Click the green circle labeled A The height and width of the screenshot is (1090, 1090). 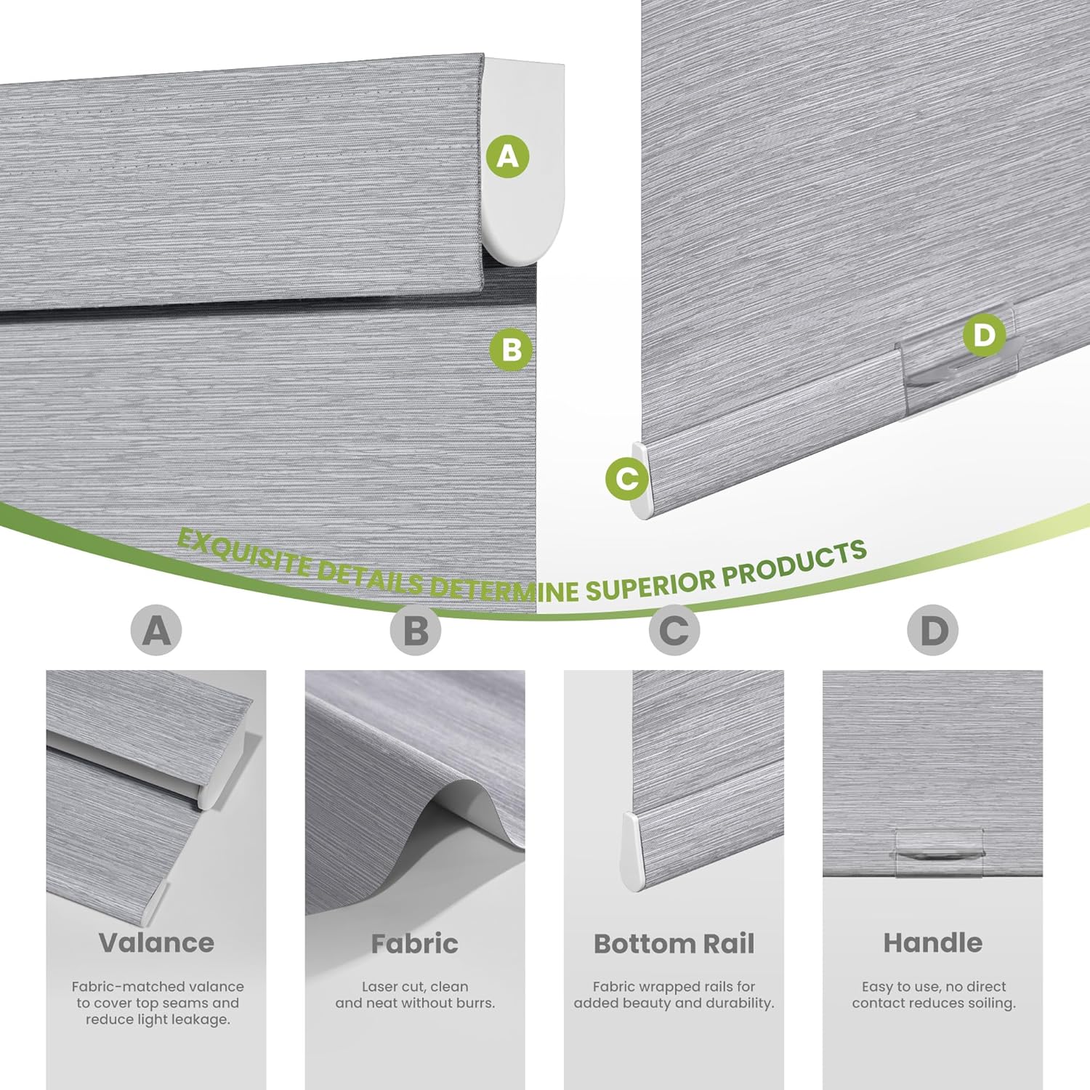point(508,156)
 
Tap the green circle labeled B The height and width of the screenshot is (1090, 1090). point(512,350)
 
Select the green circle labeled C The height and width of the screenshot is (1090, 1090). point(627,478)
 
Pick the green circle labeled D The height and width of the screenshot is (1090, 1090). point(984,335)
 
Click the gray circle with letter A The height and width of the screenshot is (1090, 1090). point(156,630)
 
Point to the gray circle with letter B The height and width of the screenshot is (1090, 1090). point(415,630)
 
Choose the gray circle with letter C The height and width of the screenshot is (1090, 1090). point(674,630)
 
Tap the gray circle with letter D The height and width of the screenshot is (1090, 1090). point(933,630)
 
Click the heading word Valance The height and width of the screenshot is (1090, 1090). point(156,942)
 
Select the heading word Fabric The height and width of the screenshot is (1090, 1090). point(415,943)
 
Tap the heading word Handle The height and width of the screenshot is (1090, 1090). point(933,942)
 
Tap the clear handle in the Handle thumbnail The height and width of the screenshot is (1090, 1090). point(940,852)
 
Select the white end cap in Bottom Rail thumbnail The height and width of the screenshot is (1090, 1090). point(631,852)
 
